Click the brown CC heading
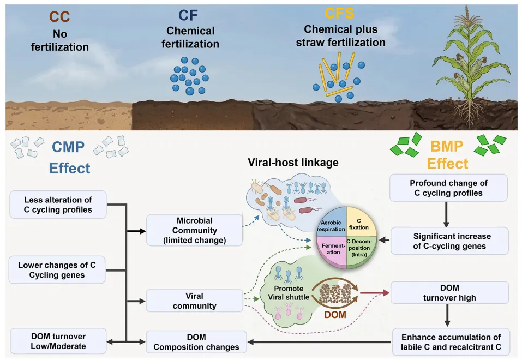coord(59,17)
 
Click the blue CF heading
coord(188,15)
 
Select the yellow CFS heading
coord(339,13)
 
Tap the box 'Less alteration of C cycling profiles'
coord(58,205)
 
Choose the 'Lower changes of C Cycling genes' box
coord(57,270)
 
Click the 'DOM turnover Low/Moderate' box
coord(58,341)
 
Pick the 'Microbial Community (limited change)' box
coord(194,230)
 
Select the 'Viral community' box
coord(194,301)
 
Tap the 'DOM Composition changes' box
coord(196,342)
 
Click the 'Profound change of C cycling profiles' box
coord(448,188)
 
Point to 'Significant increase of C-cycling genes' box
coord(449,241)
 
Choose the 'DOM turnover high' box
coord(449,292)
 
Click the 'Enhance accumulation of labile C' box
coord(451,341)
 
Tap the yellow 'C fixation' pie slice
coord(361,223)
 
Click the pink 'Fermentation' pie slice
coord(332,250)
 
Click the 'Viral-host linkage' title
coord(293,162)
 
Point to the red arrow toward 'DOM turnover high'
coord(375,293)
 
